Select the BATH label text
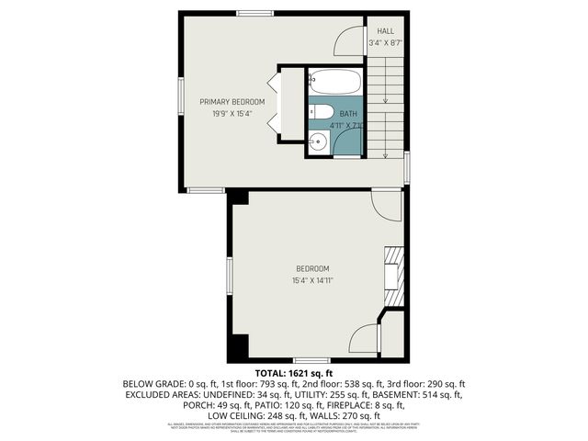point(348,113)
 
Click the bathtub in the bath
point(334,82)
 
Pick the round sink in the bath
point(318,141)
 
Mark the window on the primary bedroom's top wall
point(254,12)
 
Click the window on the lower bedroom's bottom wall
point(305,358)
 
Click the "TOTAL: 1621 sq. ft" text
point(293,373)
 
